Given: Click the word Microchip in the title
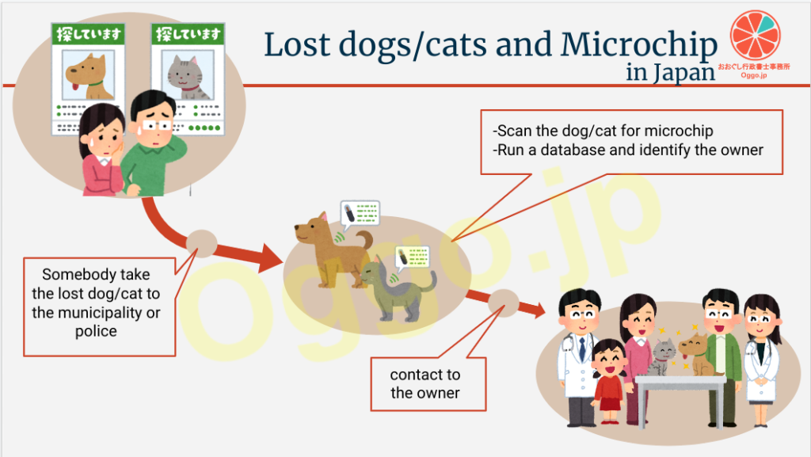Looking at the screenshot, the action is pos(639,45).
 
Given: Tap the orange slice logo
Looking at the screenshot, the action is pos(755,36).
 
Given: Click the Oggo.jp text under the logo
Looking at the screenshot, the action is pos(754,75).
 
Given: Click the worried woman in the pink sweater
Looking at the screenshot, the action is pos(102,150).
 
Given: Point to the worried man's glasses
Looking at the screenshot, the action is pos(157,126).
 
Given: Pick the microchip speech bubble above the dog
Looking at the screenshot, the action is pos(360,214).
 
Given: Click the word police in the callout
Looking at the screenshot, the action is pos(96,331).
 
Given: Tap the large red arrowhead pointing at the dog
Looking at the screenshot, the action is pos(270,257).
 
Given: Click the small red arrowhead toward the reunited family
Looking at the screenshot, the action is pos(537,310).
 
